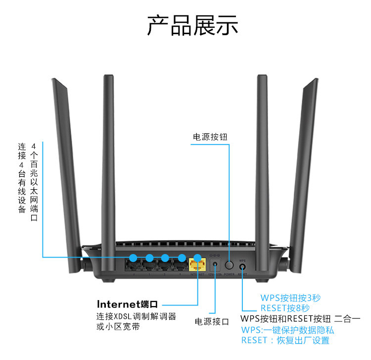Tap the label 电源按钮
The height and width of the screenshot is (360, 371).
coord(211,136)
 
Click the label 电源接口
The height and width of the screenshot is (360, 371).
coord(212,321)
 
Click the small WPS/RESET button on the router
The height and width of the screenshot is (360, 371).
coord(242,266)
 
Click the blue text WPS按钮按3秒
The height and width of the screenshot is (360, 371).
coord(290,298)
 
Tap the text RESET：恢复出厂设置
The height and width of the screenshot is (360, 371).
coord(285,340)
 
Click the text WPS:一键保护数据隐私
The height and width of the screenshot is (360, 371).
coord(287,330)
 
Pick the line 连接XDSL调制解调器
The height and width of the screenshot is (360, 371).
coord(136,316)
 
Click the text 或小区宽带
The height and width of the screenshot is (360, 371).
coord(118,327)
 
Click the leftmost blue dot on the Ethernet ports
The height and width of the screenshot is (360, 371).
coord(133,257)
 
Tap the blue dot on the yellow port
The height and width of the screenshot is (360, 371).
coord(197,257)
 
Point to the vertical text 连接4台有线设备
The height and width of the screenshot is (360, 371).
coord(22,178)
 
